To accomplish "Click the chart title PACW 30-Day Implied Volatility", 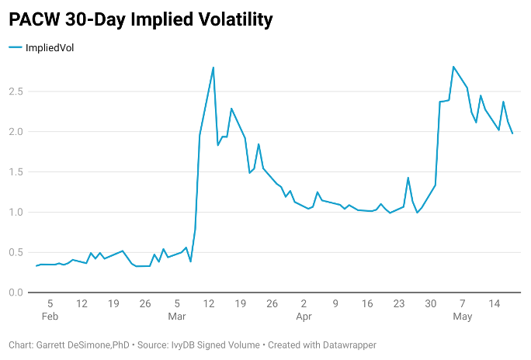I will click(141, 19).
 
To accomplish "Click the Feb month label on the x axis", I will click(50, 317).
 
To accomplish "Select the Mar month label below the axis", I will click(177, 317).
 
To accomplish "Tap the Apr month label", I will click(304, 317).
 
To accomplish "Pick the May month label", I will click(463, 317).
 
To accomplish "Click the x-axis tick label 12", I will click(209, 303).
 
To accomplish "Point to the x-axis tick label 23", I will click(399, 303).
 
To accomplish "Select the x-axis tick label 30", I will click(431, 303).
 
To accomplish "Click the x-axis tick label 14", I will click(494, 303).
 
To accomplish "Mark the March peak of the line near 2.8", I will click(213, 67).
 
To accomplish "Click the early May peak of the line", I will click(453, 67).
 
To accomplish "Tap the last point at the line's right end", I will click(512, 133).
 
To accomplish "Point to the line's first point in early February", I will click(36, 266).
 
